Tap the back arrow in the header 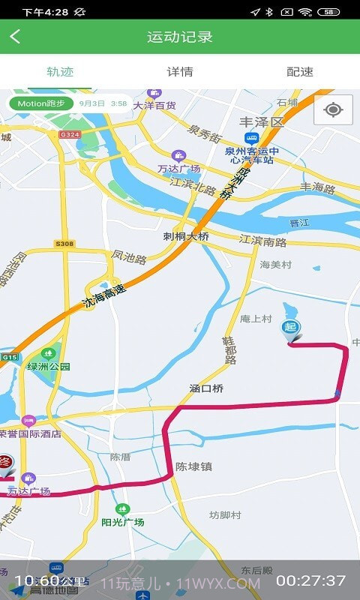coord(15,37)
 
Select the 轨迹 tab coord(60,72)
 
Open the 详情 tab coord(180,72)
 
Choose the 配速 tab coord(300,72)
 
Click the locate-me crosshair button coord(334,110)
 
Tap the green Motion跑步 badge coord(41,103)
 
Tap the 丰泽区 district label coord(262,121)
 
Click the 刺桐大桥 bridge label coord(186,235)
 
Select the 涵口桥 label coord(206,388)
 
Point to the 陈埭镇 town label coord(193,466)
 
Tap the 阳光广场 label coord(123,522)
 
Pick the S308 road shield coord(64,244)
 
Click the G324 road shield coord(69,135)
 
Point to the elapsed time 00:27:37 coord(310,580)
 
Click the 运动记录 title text coord(180,37)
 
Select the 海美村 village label coord(274,265)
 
